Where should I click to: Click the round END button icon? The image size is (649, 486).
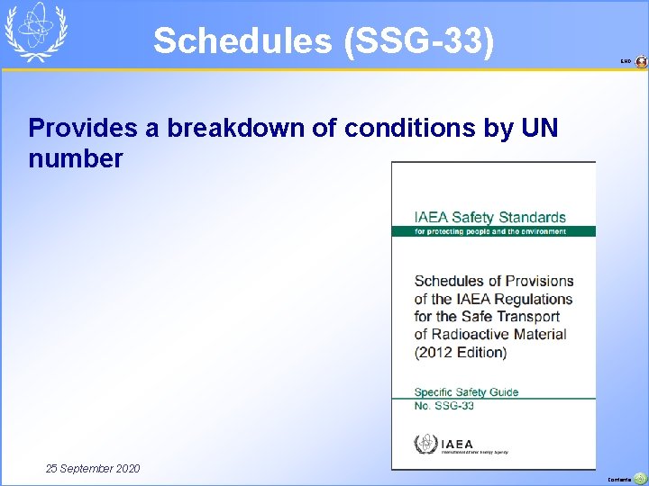641,62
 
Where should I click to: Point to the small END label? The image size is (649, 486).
626,62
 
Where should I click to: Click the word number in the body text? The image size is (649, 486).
76,159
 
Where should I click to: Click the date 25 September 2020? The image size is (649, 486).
94,468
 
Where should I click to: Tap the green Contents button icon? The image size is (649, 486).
641,479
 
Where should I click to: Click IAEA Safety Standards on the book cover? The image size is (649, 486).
489,217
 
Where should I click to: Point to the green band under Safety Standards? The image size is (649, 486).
493,231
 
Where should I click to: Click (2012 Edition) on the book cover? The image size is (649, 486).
461,352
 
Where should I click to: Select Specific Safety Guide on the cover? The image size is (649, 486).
466,391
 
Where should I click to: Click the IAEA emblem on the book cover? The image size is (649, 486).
424,444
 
